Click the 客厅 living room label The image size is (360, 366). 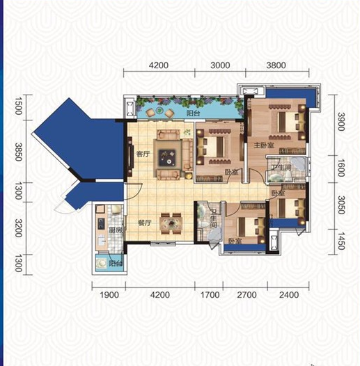click(x=143, y=154)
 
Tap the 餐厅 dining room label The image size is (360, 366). click(x=145, y=223)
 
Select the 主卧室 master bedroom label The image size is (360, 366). click(x=264, y=145)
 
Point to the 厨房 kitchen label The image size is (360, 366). click(x=116, y=230)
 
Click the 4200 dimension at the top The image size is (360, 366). click(x=159, y=65)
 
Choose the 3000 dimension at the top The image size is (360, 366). click(x=220, y=65)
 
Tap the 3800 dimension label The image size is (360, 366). click(x=276, y=65)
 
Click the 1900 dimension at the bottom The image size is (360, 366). click(x=109, y=295)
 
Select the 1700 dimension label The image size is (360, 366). click(x=210, y=295)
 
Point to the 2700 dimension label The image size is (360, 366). click(x=247, y=295)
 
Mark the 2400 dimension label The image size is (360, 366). click(x=289, y=295)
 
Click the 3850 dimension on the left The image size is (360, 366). click(x=19, y=152)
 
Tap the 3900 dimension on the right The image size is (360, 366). click(x=341, y=122)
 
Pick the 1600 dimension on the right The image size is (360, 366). click(x=341, y=168)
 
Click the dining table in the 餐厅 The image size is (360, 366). click(x=172, y=223)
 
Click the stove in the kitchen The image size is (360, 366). click(x=101, y=223)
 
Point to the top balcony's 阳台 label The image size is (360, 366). click(x=193, y=113)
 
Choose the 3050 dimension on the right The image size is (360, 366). click(x=341, y=205)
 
